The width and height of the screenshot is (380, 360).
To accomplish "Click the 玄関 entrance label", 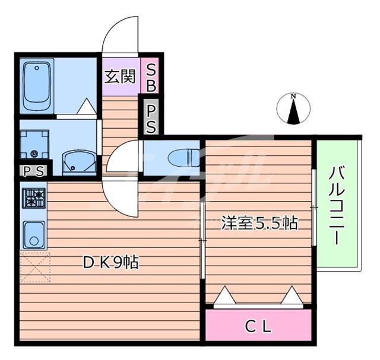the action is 120,77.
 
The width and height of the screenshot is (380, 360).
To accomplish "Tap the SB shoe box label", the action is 150,75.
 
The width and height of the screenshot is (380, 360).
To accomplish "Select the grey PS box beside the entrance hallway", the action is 150,117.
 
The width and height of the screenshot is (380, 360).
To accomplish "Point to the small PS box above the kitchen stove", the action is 34,171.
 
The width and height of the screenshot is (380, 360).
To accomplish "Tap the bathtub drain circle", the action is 37,68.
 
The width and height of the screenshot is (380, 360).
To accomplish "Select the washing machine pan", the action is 34,145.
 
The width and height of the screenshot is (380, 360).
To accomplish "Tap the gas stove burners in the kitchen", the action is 34,198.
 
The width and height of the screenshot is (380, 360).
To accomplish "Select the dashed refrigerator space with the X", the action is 36,267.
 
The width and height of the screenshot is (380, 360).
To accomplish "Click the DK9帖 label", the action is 111,263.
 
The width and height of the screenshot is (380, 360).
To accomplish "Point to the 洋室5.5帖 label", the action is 259,223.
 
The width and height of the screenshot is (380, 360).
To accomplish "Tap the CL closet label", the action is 258,327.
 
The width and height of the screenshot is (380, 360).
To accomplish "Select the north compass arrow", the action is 294,111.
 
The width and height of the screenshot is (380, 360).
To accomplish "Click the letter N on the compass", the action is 294,96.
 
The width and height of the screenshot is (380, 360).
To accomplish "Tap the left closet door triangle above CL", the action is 224,295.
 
